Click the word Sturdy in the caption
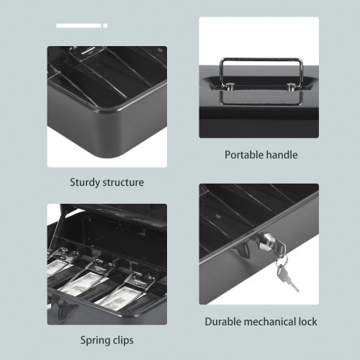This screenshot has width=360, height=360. click(x=85, y=183)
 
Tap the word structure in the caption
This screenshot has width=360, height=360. click(x=123, y=183)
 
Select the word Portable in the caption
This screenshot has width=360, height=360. click(x=244, y=155)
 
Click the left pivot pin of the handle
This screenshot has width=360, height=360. click(x=230, y=86)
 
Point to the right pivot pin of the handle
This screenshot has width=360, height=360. click(x=291, y=86)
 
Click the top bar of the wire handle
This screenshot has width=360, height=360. click(x=261, y=59)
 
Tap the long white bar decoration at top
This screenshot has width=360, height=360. click(x=78, y=26)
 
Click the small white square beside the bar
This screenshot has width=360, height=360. click(x=105, y=26)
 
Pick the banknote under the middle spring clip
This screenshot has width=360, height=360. click(x=81, y=284)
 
